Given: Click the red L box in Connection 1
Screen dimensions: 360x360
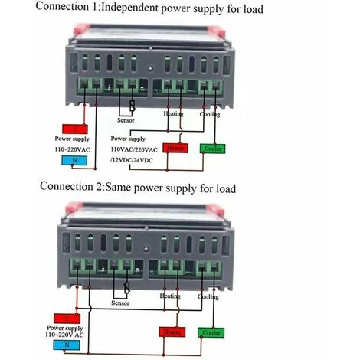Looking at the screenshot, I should coord(74,129).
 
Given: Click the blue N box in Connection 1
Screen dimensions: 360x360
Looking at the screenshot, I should coord(74,160).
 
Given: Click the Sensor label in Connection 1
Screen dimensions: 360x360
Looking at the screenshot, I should coord(129,120).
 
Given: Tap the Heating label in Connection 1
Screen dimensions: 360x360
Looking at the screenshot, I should coord(174,113).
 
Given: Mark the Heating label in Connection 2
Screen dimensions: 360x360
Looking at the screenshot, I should coord(169,295).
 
